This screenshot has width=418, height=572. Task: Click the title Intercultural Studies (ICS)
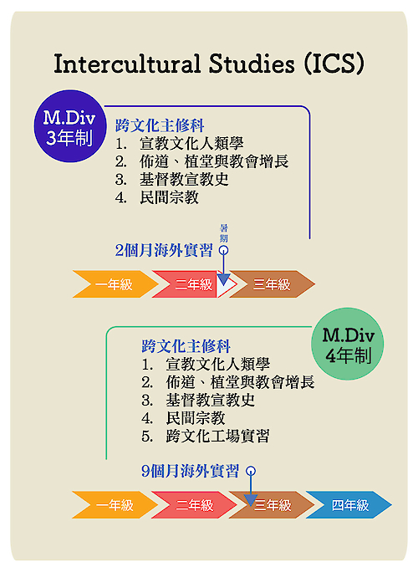click(x=209, y=64)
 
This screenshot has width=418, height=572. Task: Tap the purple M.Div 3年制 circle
click(x=70, y=126)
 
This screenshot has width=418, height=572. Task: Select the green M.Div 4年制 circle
click(x=347, y=344)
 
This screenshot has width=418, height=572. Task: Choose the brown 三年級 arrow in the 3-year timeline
click(x=272, y=284)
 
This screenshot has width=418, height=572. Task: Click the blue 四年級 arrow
click(x=349, y=505)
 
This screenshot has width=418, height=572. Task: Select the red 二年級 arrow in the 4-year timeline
click(x=194, y=505)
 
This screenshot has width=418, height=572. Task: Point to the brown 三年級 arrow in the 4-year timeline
click(x=272, y=505)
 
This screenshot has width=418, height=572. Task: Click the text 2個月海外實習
click(x=164, y=251)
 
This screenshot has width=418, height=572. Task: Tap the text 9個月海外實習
click(x=190, y=471)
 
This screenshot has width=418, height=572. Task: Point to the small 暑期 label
click(x=223, y=233)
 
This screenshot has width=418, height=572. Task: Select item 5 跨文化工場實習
click(x=206, y=437)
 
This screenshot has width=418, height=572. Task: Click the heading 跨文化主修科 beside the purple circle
click(x=160, y=125)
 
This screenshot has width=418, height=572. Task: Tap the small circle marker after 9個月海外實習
click(x=251, y=471)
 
